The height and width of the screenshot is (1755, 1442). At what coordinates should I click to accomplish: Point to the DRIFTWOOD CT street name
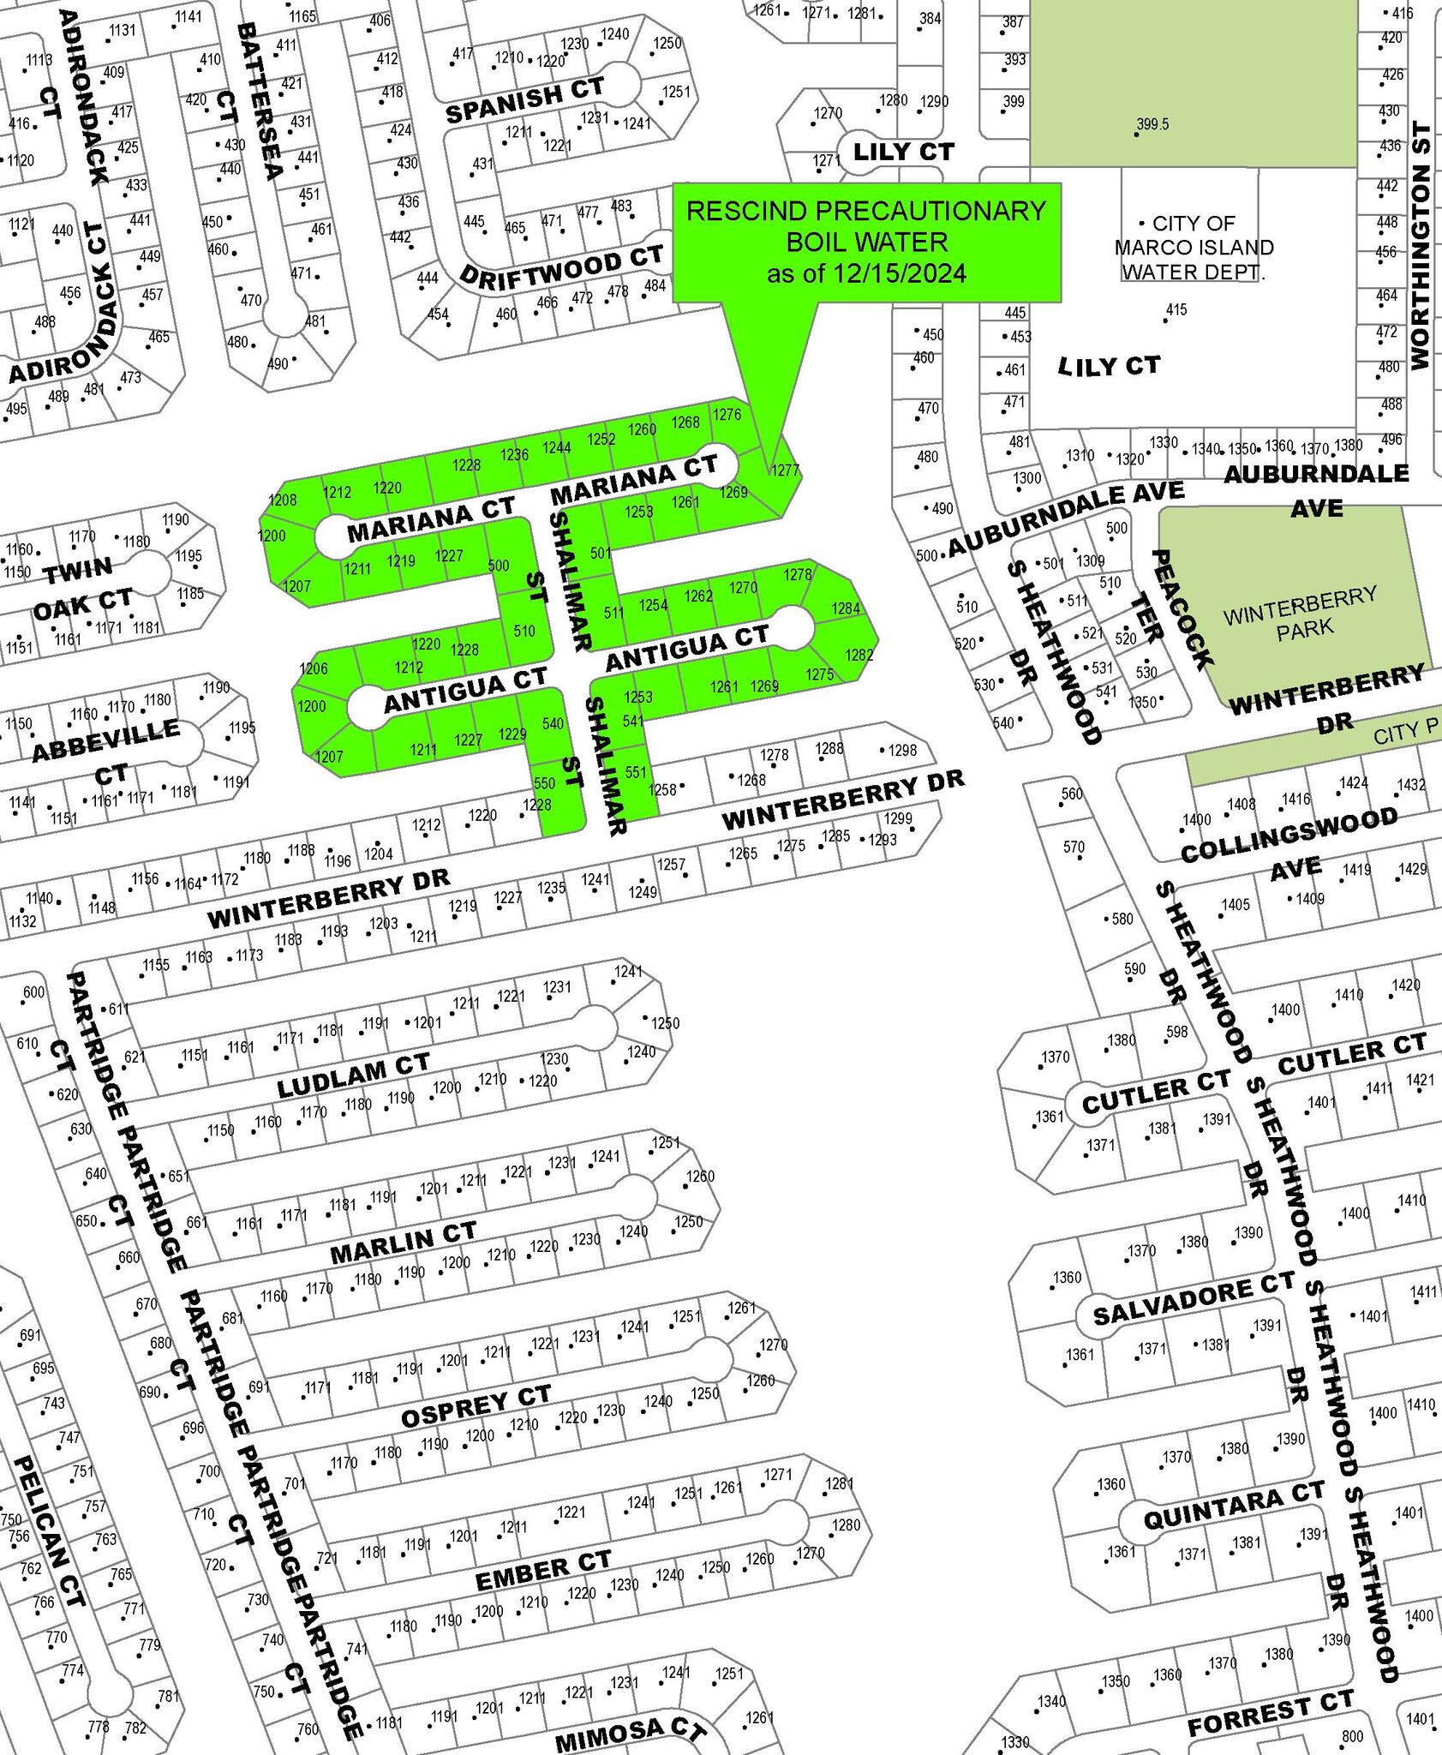[562, 265]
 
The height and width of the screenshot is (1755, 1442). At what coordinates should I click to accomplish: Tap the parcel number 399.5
[1152, 125]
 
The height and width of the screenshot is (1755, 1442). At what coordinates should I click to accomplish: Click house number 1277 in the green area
[785, 470]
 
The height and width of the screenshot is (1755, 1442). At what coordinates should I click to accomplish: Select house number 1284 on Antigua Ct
[845, 608]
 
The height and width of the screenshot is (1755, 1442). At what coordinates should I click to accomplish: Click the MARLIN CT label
[403, 1243]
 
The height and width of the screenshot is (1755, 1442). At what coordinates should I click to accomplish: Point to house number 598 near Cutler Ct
[1176, 1033]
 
